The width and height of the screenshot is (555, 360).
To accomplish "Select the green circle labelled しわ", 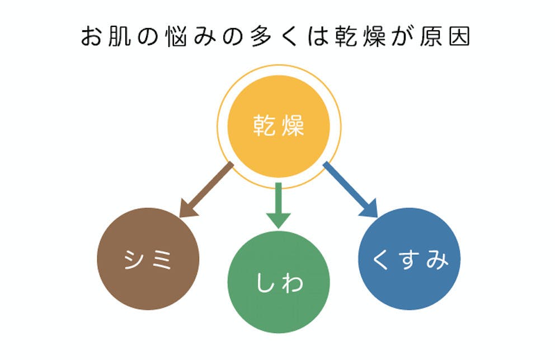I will [278, 282].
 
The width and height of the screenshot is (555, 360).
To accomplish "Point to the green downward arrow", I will [278, 205].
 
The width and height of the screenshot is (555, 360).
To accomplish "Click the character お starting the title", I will [92, 37].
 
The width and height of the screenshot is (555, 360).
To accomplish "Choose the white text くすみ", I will [410, 260].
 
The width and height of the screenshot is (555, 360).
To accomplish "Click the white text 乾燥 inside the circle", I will [278, 127].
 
